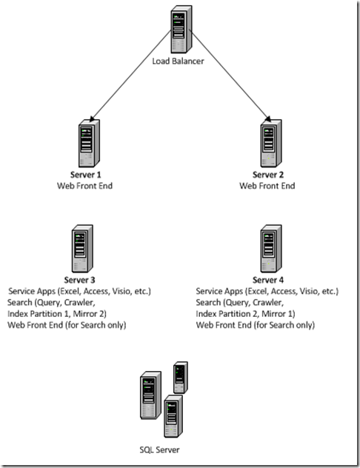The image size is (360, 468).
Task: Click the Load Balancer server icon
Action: [x=179, y=30]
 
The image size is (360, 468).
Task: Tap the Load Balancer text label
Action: [x=178, y=61]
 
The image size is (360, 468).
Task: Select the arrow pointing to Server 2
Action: [x=226, y=82]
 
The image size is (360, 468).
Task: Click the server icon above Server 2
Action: [x=267, y=144]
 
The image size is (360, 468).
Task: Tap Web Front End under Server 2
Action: [x=267, y=186]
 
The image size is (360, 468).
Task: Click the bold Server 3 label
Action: [x=80, y=280]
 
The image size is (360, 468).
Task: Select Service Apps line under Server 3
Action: [x=80, y=291]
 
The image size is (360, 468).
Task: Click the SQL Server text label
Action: [x=159, y=449]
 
